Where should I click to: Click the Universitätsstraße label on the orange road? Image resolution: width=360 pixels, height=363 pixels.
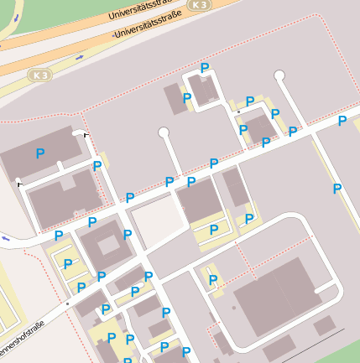click(x=147, y=10)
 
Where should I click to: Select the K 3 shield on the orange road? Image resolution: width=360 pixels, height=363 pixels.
click(x=198, y=5)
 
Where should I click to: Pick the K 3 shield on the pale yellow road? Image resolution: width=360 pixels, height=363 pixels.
click(x=39, y=75)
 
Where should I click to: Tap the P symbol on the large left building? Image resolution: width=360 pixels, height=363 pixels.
click(x=39, y=153)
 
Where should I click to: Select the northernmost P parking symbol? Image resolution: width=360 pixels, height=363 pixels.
click(x=204, y=68)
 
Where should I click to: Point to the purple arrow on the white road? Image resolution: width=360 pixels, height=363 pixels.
click(x=6, y=238)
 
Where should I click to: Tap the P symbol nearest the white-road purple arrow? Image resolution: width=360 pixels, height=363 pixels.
click(x=58, y=236)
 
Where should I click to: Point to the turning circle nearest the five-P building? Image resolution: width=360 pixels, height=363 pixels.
click(x=279, y=76)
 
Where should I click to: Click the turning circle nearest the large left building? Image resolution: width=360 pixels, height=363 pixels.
click(x=18, y=179)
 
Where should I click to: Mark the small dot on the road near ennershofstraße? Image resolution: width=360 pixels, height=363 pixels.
click(x=65, y=303)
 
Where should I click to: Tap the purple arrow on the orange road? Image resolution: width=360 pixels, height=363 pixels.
click(x=80, y=57)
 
